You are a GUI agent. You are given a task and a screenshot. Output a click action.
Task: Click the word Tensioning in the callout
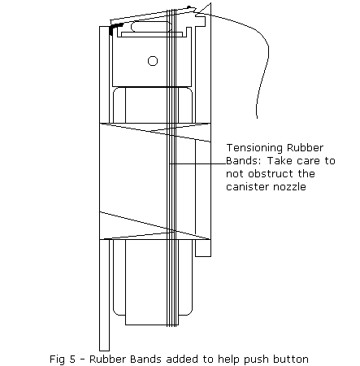[254, 148]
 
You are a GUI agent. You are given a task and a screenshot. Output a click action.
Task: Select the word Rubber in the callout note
[305, 148]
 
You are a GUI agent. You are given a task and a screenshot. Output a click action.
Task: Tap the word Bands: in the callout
[244, 161]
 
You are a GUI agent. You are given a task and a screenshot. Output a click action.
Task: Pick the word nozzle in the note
[289, 186]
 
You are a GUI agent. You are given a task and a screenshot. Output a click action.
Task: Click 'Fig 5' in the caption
[63, 359]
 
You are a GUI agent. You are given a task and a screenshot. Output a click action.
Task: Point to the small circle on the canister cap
[153, 61]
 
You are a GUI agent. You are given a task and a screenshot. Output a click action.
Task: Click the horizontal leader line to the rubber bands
[197, 163]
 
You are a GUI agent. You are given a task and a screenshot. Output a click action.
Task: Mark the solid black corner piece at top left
[115, 28]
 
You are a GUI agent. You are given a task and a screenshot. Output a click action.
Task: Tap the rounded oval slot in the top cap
[151, 27]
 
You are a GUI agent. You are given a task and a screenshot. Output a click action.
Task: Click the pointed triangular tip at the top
[210, 4]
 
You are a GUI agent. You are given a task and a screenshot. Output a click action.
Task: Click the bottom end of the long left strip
[104, 351]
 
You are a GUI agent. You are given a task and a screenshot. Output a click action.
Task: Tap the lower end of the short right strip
[203, 256]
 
